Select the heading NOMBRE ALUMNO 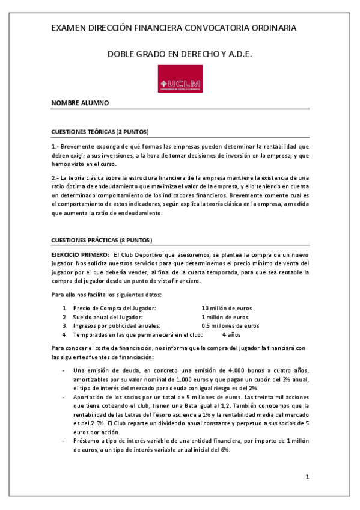[x=80, y=103]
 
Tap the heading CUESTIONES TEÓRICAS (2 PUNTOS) [x=100, y=132]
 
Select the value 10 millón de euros [x=231, y=308]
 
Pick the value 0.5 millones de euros [x=230, y=325]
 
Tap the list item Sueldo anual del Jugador [x=107, y=317]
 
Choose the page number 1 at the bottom [x=307, y=477]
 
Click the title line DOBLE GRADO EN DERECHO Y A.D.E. [x=179, y=54]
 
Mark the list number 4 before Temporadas [x=65, y=334]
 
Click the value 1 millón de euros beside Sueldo [x=225, y=317]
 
